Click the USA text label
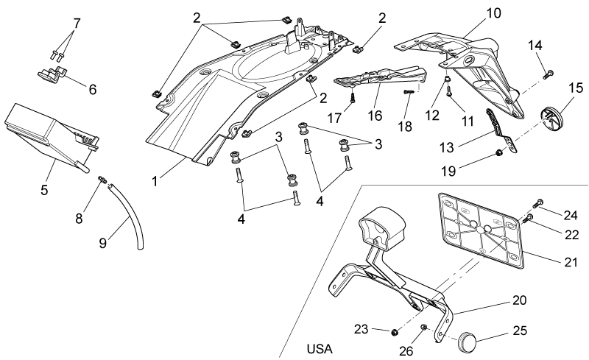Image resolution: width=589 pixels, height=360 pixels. (320, 349)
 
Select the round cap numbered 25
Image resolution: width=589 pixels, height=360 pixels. (467, 340)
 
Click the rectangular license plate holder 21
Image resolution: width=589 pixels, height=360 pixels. (482, 230)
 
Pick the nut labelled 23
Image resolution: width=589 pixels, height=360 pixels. (395, 332)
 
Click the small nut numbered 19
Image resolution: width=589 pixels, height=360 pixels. (499, 152)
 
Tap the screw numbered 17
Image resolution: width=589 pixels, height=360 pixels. (353, 98)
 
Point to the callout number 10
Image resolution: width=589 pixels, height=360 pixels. (493, 13)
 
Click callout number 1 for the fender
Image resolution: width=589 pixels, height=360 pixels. (155, 181)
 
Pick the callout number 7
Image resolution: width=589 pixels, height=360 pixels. (77, 24)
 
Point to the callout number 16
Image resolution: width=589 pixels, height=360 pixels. (375, 116)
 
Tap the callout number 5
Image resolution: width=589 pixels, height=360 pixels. (44, 190)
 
